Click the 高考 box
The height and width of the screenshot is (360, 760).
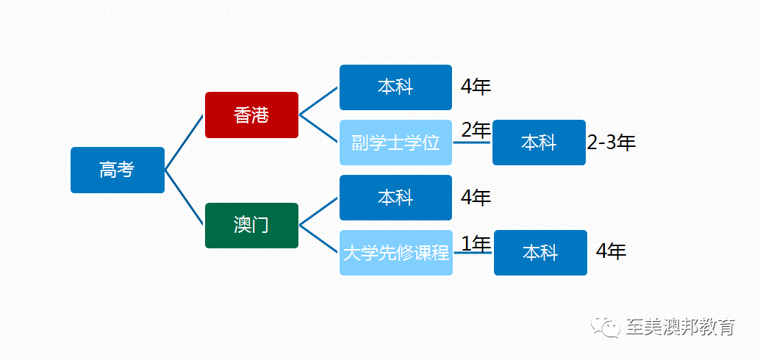point(118,170)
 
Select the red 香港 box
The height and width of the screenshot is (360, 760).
point(251,115)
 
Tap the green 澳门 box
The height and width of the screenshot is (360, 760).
point(251,226)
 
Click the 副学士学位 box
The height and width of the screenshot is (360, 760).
point(396,143)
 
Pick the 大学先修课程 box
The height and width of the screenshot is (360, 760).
point(396,253)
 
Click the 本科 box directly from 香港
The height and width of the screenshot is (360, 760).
point(396,87)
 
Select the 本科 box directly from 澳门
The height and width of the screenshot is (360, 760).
point(396,198)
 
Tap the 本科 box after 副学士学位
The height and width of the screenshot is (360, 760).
point(539,143)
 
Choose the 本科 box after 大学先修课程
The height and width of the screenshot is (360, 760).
point(540,253)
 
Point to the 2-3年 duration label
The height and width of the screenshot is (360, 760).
point(612,143)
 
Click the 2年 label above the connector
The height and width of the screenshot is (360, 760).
point(476,130)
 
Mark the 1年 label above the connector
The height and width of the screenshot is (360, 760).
point(476,244)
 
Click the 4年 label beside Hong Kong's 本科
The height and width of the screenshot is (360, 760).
point(476,87)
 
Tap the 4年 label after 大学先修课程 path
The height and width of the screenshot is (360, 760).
point(612,251)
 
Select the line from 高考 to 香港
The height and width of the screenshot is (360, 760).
point(184,143)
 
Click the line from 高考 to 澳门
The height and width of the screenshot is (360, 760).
point(184,198)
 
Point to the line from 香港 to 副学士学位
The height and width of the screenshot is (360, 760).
point(318,129)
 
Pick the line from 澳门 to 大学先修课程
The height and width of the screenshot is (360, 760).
point(318,239)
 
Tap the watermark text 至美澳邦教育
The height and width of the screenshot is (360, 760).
point(680,327)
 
